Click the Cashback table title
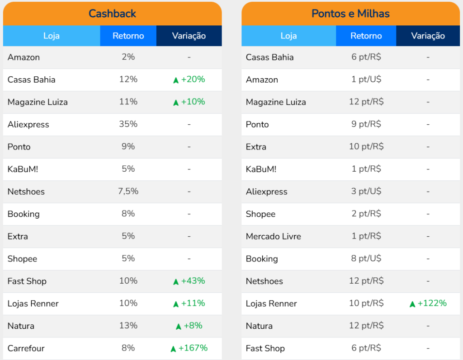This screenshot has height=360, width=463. point(112,14)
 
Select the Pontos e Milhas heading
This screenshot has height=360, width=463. point(350,14)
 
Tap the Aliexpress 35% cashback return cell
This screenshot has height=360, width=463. point(128,124)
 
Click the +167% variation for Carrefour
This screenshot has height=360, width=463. point(193,348)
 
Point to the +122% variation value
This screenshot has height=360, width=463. point(432,303)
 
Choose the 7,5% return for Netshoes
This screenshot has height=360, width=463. point(128,192)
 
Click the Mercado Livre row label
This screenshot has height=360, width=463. point(273,236)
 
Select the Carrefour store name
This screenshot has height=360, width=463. point(26,348)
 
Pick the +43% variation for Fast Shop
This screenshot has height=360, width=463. point(193,281)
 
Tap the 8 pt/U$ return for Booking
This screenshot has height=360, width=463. point(366,259)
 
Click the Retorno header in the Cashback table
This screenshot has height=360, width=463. point(128,36)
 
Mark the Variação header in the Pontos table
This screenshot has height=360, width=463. point(428,36)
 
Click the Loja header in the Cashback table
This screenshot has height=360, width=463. point(52,36)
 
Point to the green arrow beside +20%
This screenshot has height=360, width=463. point(176,80)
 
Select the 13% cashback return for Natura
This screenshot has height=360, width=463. point(128,326)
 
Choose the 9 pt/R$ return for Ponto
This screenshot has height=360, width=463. point(366,124)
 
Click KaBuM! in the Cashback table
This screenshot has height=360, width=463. point(22,169)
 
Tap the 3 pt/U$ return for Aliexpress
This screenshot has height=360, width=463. point(366,192)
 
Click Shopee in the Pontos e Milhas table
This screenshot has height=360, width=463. point(260,214)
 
